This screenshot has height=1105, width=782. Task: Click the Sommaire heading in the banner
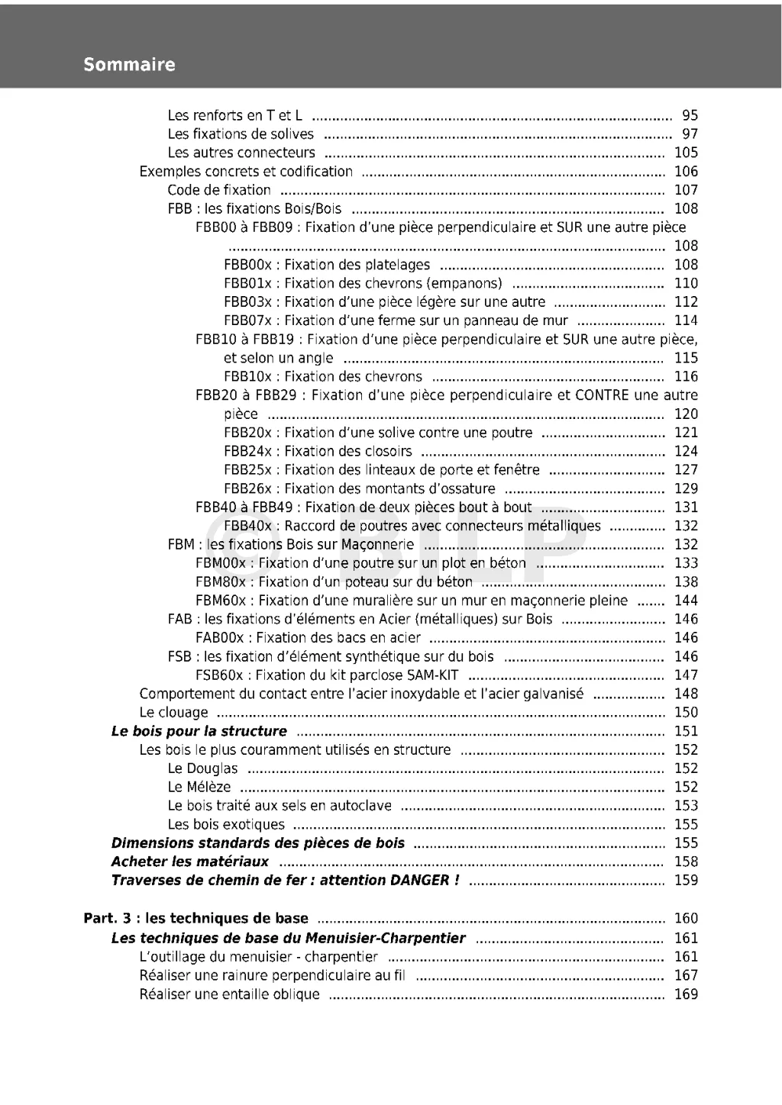tap(129, 65)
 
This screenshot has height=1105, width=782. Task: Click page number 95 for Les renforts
tap(690, 116)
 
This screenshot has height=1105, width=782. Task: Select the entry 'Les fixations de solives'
tap(241, 134)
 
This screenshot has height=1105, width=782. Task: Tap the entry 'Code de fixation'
tap(219, 190)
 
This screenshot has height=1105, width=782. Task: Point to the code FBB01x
tap(247, 284)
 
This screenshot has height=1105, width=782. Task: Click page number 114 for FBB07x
tap(686, 321)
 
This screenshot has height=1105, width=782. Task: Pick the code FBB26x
tap(247, 489)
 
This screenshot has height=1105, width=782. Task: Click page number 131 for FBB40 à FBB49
tap(686, 507)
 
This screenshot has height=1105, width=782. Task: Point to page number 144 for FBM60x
tap(686, 601)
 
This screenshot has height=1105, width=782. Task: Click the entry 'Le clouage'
tap(173, 713)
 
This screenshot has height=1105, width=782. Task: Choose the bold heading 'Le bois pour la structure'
tap(199, 731)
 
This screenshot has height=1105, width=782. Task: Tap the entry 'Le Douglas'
tap(202, 768)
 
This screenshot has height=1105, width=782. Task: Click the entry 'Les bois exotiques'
tap(226, 825)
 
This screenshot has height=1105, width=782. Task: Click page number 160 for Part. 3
tap(686, 919)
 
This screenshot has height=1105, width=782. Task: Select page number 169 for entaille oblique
tap(686, 994)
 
